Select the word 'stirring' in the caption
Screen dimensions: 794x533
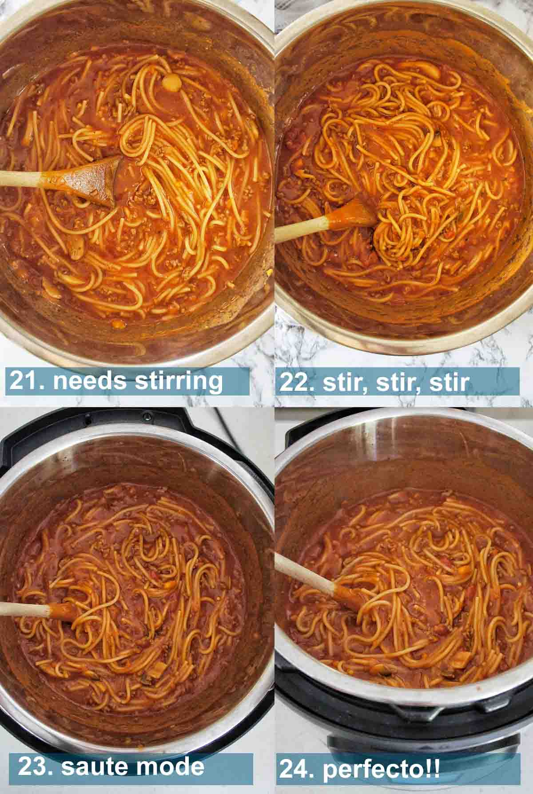[x=179, y=381]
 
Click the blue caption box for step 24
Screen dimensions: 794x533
[x=399, y=769]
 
